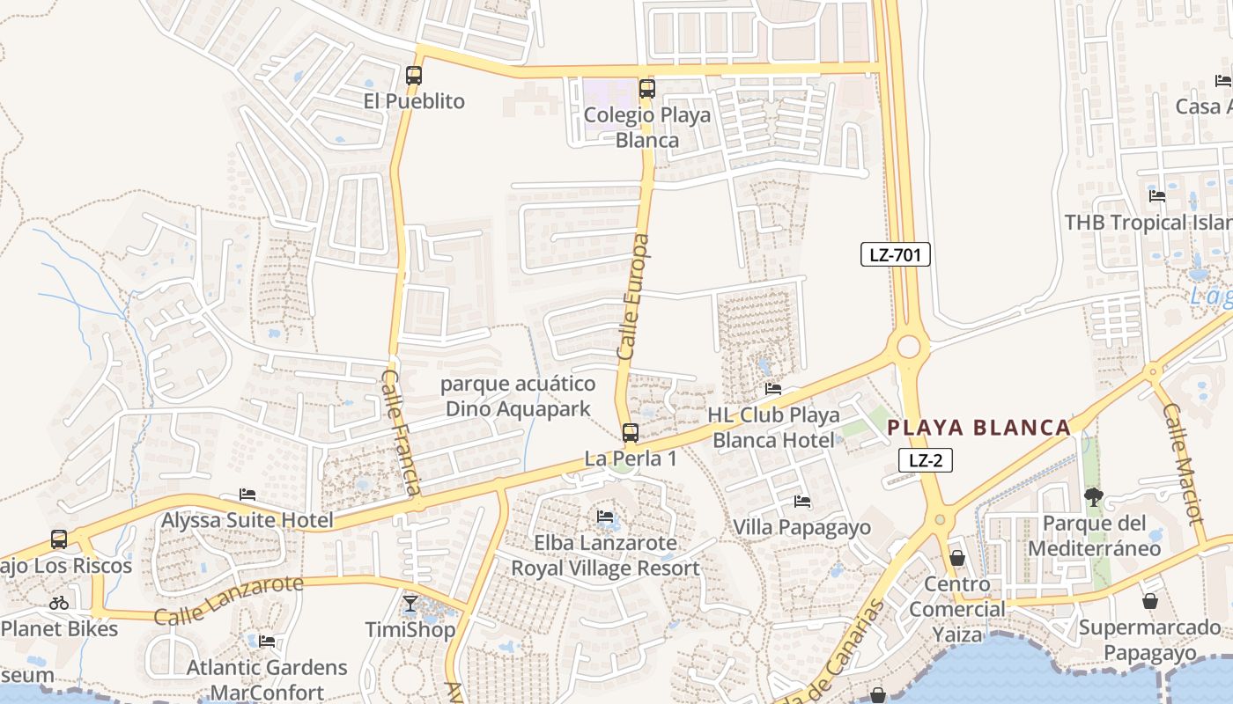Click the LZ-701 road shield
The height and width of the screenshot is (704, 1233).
tap(895, 255)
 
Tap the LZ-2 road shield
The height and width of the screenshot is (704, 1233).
tap(926, 459)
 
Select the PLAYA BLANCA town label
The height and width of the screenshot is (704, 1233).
tap(978, 429)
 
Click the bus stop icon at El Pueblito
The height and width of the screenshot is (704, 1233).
tap(414, 76)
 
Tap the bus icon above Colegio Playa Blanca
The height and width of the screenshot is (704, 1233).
tap(647, 88)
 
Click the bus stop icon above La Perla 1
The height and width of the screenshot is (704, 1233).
tap(630, 432)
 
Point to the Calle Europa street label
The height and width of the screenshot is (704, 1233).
tap(634, 296)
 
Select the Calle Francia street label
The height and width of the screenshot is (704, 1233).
tap(402, 432)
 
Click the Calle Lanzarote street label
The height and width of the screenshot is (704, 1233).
tap(228, 600)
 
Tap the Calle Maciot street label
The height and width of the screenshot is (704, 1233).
tap(1183, 464)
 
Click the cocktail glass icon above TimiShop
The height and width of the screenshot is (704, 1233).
tap(410, 604)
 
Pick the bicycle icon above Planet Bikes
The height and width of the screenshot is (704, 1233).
tap(59, 603)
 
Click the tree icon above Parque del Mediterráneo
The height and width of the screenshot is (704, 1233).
tap(1093, 497)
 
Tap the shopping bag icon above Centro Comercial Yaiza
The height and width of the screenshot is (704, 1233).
tap(957, 558)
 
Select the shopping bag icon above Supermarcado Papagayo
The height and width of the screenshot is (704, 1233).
tap(1149, 601)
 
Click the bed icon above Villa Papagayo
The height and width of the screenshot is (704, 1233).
tap(802, 502)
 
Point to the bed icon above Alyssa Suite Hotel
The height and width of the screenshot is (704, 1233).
tap(247, 495)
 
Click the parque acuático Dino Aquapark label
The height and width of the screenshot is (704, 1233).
tap(518, 396)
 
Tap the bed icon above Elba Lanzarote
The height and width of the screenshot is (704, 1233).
tap(605, 517)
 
